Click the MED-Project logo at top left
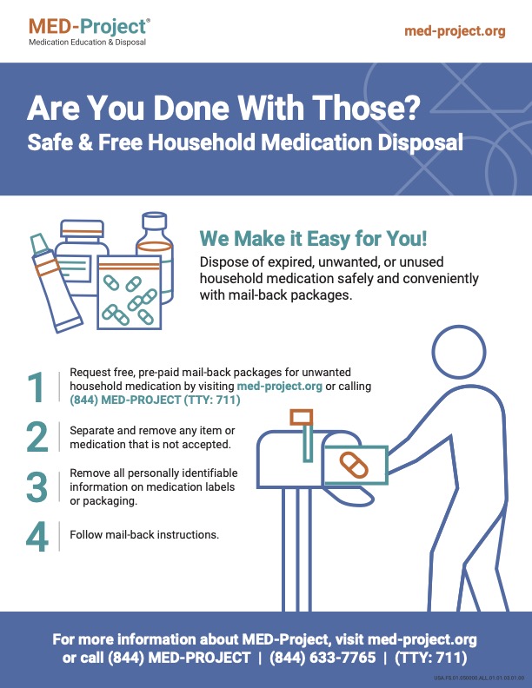click(90, 31)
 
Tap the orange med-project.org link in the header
click(455, 31)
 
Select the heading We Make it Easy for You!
click(313, 239)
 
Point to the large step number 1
click(36, 387)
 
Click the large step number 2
click(37, 437)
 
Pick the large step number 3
click(37, 486)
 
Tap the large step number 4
click(37, 536)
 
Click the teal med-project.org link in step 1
click(280, 386)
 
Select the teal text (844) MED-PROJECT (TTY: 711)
click(155, 400)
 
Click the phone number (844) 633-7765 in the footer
click(323, 658)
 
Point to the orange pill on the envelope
click(354, 465)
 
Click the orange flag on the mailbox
click(301, 417)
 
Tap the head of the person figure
click(459, 352)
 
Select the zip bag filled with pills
click(129, 292)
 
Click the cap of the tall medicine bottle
click(155, 222)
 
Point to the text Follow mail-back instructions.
click(144, 535)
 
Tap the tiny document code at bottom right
click(478, 678)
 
